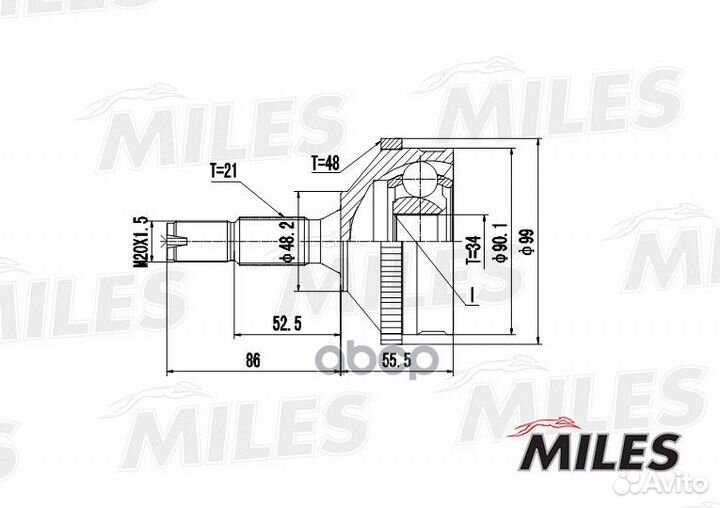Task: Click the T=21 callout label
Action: [224, 171]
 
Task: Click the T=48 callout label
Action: [325, 163]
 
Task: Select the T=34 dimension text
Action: [474, 249]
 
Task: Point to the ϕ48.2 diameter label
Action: [287, 241]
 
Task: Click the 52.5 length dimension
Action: [287, 324]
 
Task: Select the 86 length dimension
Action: [253, 360]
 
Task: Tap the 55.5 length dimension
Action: [397, 361]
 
